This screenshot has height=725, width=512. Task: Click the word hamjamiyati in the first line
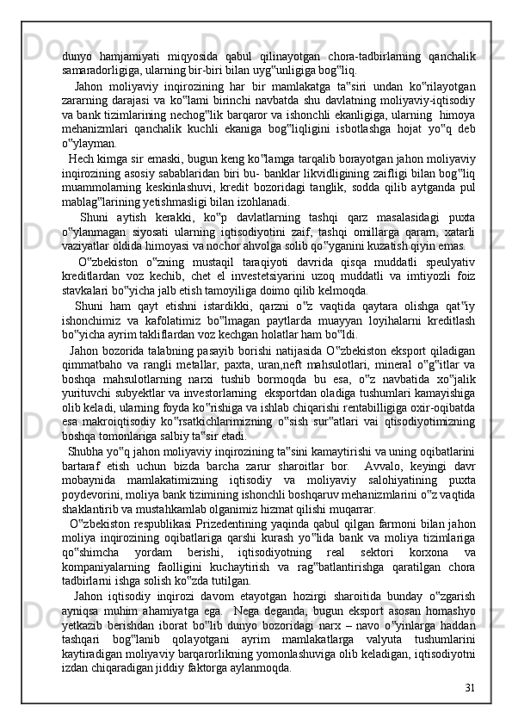tap(132, 57)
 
